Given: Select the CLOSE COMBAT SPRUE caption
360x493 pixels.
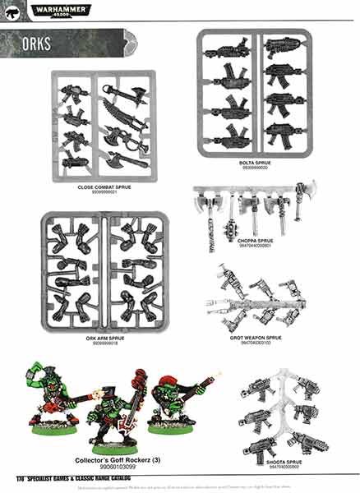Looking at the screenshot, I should [x=104, y=187].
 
